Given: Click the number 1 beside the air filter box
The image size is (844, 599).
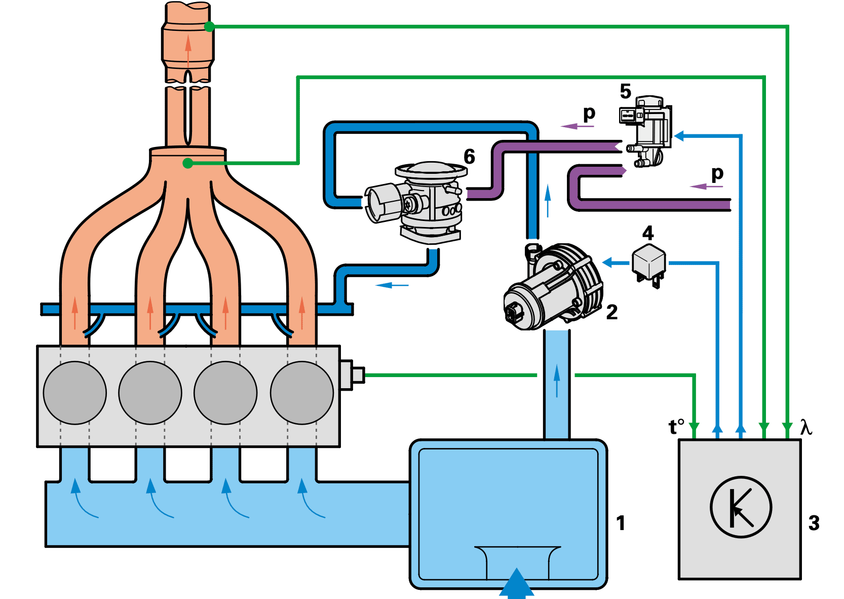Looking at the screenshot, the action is [621, 523].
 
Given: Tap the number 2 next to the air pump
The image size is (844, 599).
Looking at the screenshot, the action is [612, 312].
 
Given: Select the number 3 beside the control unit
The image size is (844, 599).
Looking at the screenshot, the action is [814, 523].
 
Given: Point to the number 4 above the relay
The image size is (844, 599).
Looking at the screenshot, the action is [648, 233].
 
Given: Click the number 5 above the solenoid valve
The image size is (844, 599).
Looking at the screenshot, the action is [626, 91].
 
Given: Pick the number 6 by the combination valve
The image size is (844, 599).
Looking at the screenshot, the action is [469, 157].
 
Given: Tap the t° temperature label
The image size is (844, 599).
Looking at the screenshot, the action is [676, 427].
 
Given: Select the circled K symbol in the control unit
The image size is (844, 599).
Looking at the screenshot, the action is [741, 507].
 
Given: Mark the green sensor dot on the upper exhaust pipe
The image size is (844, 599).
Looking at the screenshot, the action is [209, 27].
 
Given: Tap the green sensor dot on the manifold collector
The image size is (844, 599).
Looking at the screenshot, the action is [187, 163].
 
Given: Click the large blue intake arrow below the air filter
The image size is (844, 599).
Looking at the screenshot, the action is [517, 584].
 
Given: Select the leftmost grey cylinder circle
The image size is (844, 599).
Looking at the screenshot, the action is [74, 393].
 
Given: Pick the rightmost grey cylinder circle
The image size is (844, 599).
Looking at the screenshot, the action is [301, 393].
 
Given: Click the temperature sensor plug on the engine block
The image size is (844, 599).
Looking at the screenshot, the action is [352, 375].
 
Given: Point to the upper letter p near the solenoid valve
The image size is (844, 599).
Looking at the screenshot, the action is [589, 114].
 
